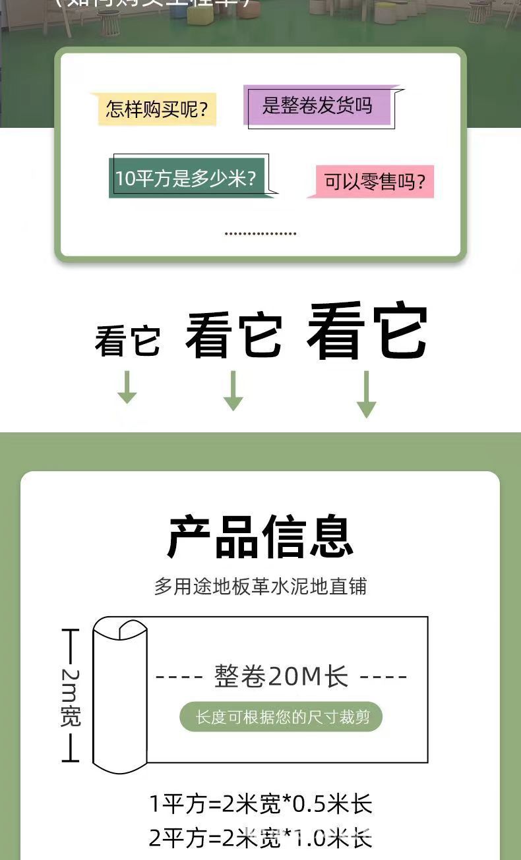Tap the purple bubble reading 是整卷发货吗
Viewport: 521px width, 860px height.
(x=317, y=105)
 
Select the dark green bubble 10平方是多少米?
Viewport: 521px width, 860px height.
(x=186, y=178)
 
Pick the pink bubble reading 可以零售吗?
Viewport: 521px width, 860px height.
(x=374, y=181)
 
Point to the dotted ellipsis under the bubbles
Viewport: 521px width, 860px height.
(x=260, y=233)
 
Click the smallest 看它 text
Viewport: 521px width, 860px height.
(x=127, y=341)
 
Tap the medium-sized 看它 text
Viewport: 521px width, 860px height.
(x=234, y=335)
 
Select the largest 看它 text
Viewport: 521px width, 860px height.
(x=367, y=331)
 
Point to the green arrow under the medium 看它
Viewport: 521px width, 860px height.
(x=233, y=391)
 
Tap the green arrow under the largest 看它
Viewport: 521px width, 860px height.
(x=367, y=394)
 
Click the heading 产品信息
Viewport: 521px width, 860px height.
(x=260, y=537)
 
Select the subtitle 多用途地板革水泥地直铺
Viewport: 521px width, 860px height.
(x=260, y=586)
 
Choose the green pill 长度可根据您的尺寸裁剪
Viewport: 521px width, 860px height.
(x=281, y=717)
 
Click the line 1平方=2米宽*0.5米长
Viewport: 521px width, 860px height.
(x=260, y=804)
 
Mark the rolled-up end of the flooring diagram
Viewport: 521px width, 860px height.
(x=119, y=695)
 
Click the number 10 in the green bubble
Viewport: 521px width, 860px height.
(x=125, y=179)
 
